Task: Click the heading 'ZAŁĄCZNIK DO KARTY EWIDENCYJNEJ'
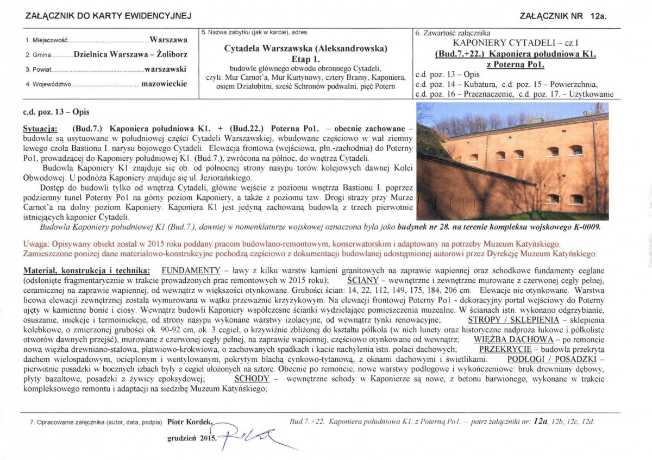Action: [x=109, y=16]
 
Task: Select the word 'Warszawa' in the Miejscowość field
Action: [x=168, y=40]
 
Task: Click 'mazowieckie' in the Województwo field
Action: [x=164, y=84]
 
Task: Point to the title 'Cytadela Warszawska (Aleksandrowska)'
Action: [x=306, y=48]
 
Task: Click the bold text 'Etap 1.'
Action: [x=306, y=58]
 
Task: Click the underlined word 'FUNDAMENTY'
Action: [x=190, y=270]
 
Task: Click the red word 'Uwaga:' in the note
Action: [x=35, y=244]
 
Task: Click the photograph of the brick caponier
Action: [x=512, y=161]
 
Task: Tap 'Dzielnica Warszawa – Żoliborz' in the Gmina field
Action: [x=130, y=55]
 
